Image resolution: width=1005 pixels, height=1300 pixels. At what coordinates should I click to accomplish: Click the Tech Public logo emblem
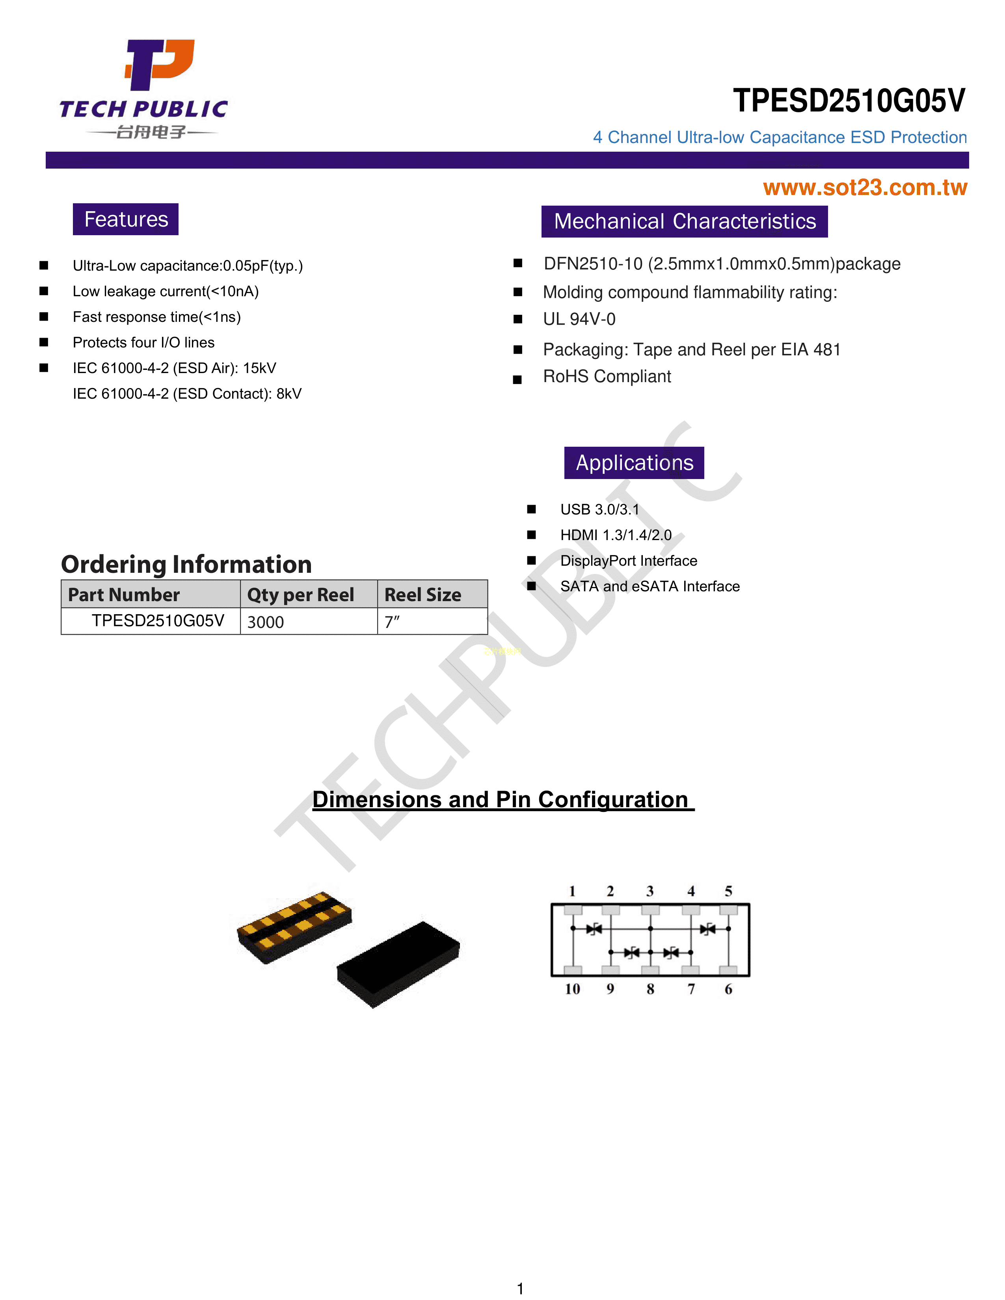[159, 64]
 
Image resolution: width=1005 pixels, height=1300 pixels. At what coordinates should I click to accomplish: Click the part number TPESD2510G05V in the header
[849, 100]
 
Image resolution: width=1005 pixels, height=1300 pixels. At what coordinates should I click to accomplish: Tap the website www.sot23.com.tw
[865, 188]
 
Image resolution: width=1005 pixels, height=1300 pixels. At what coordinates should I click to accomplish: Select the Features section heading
[126, 219]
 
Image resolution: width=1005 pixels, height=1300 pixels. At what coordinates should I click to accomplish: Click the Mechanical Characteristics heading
[685, 221]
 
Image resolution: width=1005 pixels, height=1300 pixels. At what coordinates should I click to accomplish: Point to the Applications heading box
[634, 462]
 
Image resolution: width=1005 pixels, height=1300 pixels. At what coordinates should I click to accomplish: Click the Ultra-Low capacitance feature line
[188, 266]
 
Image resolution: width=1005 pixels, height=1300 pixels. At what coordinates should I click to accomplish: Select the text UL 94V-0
[579, 319]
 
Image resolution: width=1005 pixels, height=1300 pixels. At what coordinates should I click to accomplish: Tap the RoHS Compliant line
[607, 376]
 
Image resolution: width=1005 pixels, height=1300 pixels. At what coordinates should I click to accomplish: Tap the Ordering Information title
[186, 564]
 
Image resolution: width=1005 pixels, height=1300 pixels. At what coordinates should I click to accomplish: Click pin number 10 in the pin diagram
[572, 989]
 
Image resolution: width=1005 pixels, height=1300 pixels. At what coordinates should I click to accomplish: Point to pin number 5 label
[728, 891]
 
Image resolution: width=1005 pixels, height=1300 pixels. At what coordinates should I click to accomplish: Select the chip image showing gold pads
[294, 927]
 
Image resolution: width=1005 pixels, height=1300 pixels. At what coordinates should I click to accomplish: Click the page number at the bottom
[520, 1289]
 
